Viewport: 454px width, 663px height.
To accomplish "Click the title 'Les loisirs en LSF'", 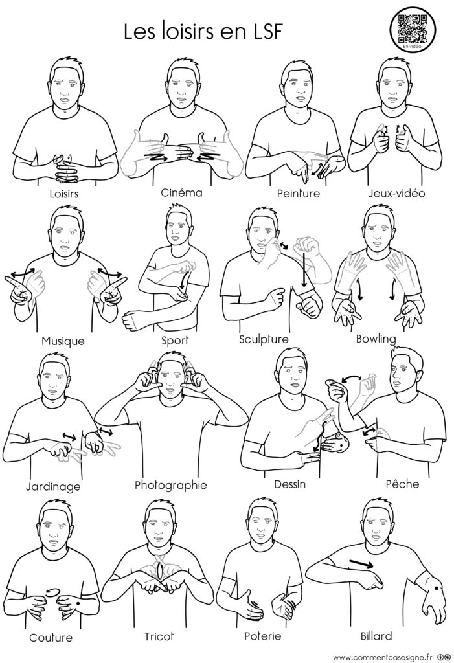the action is [x=203, y=31].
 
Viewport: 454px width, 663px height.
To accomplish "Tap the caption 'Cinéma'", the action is [x=181, y=193].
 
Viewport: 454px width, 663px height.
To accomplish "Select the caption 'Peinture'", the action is [x=299, y=194].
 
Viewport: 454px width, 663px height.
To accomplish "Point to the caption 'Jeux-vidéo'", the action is [x=396, y=194].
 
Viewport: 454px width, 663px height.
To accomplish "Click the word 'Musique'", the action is [x=63, y=341].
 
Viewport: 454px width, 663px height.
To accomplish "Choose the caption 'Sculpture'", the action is [x=264, y=339].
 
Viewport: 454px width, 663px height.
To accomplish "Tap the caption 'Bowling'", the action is [x=376, y=339].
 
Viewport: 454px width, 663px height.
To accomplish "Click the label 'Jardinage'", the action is [x=53, y=487].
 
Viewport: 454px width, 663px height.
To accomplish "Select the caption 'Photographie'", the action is [x=171, y=485].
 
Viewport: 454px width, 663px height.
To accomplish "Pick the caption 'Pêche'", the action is [x=402, y=483].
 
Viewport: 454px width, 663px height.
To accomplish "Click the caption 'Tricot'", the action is [x=159, y=636].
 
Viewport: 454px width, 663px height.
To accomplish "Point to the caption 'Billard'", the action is [x=376, y=636].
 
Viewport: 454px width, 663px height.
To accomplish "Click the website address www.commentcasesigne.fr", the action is [x=383, y=657].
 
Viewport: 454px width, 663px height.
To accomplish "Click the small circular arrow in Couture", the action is [x=52, y=591].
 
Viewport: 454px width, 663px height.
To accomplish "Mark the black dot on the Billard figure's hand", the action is [x=436, y=588].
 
